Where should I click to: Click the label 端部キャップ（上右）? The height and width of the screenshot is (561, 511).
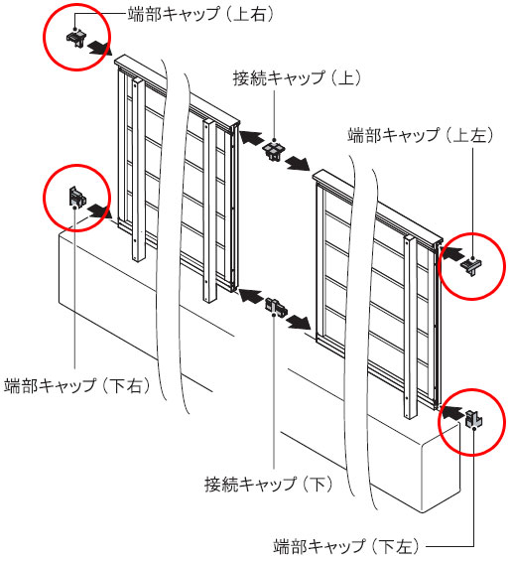tap(200, 14)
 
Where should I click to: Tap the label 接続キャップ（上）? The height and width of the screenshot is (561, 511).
tap(297, 78)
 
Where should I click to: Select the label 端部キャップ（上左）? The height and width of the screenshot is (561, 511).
tap(420, 135)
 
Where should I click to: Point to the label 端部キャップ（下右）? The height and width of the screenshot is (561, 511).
tap(76, 386)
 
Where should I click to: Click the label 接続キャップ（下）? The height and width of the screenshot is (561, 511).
tap(269, 485)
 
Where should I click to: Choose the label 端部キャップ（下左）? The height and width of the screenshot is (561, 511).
tap(346, 547)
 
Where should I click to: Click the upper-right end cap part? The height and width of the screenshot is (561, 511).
tap(76, 38)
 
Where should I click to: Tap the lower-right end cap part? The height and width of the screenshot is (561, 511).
tap(77, 198)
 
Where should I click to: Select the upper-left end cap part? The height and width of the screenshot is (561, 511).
tap(471, 266)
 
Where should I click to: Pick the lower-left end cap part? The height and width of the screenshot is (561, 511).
tap(474, 419)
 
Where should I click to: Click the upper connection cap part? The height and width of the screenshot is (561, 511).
tap(275, 151)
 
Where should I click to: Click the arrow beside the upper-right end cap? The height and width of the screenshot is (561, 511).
tap(100, 48)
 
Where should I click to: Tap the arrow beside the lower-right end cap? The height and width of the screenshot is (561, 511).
tap(100, 210)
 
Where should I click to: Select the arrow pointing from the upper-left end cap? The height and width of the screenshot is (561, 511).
tap(452, 253)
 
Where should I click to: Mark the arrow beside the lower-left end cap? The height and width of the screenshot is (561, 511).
tap(452, 411)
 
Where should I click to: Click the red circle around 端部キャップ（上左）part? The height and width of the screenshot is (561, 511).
tap(472, 233)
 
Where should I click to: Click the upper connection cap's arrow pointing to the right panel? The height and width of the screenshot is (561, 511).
tap(298, 163)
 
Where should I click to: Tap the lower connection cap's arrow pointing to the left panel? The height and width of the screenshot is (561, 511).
tap(250, 296)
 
